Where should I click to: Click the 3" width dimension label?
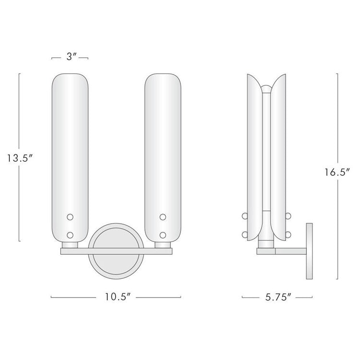70,57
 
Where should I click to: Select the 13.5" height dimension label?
19,157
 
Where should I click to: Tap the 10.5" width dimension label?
116,297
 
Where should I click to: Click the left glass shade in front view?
70,154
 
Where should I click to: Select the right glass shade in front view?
163,154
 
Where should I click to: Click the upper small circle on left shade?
70,217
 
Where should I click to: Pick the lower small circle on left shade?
70,235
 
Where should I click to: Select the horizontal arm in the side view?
290,250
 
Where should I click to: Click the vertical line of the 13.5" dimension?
19,110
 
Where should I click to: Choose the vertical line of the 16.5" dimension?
337,120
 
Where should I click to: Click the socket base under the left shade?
70,245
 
